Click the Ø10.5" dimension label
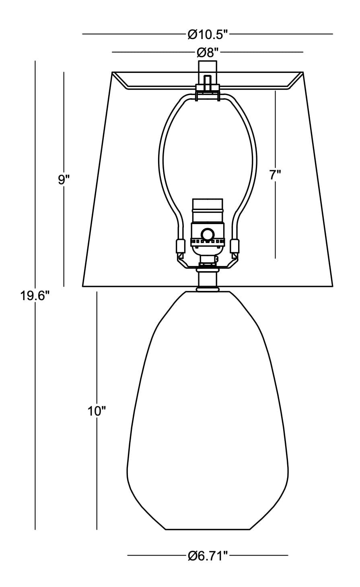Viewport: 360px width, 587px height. pos(208,34)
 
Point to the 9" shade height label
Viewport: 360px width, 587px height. pos(64,180)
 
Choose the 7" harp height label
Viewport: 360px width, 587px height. pos(276,175)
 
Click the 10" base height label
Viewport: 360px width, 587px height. pos(97,411)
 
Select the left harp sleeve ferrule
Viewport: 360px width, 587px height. pos(180,246)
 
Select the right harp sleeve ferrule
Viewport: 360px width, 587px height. pos(235,246)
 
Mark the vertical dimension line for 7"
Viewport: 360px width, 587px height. pos(275,175)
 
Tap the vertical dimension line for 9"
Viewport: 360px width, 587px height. pos(64,179)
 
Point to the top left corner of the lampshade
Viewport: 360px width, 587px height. pos(112,72)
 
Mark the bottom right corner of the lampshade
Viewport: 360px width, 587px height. pos(333,286)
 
